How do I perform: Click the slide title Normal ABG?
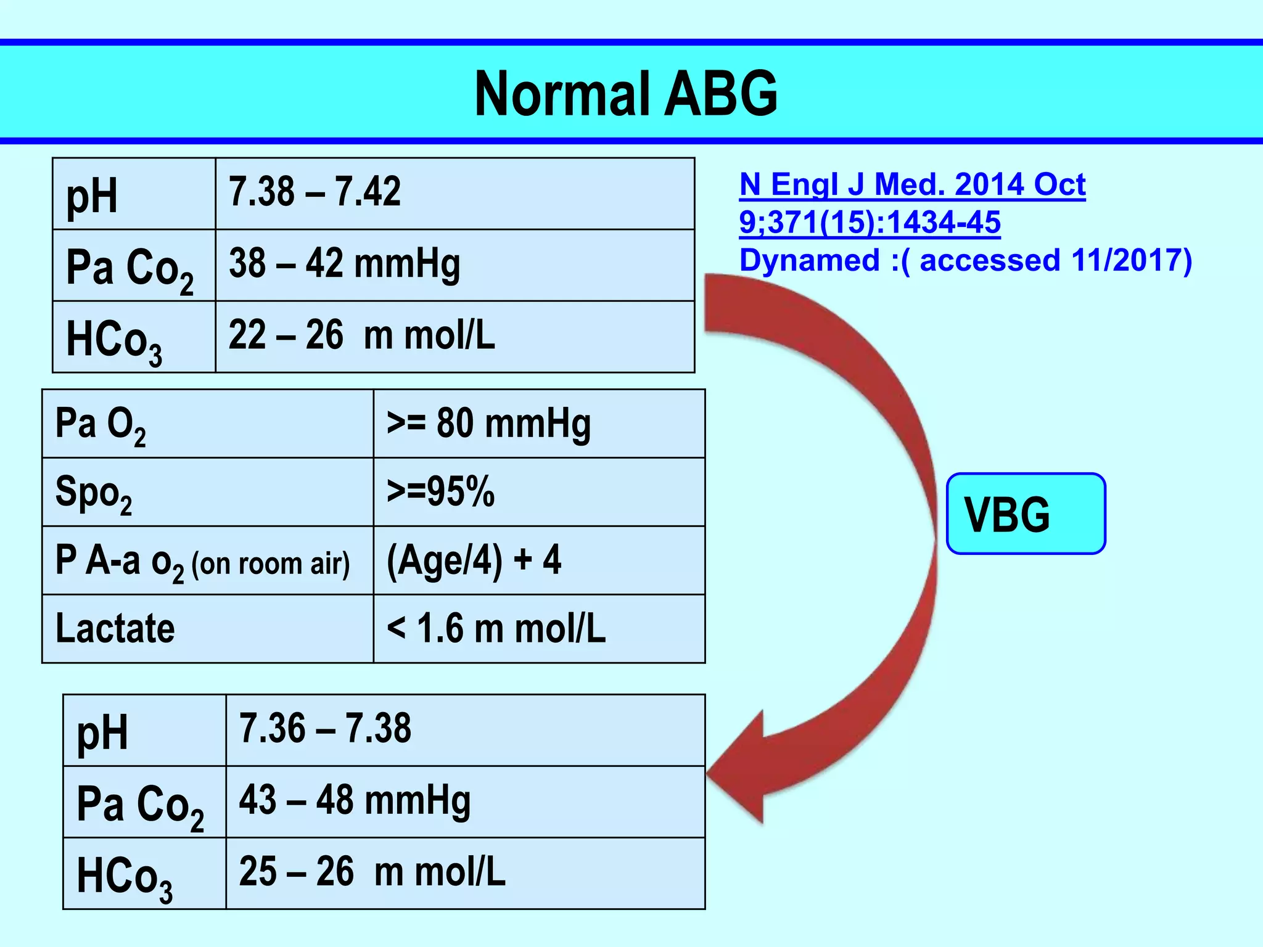[x=626, y=93]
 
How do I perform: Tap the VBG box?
[x=1026, y=514]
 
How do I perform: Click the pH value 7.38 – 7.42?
[x=315, y=192]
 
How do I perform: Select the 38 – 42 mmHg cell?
[x=344, y=264]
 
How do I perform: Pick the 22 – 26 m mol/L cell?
[x=361, y=336]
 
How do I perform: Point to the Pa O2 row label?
[x=101, y=425]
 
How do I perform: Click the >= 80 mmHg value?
[x=488, y=424]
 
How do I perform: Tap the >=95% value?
[x=440, y=492]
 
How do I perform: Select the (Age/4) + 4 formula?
[x=474, y=560]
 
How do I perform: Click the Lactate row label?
[x=115, y=629]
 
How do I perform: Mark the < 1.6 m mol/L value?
[x=496, y=629]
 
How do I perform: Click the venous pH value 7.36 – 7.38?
[x=325, y=729]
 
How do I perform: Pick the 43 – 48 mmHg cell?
[x=355, y=800]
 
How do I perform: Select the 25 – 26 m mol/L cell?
[x=372, y=872]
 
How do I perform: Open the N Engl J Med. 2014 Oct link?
[x=912, y=185]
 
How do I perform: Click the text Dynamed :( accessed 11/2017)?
[x=965, y=260]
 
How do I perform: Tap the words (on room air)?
[x=270, y=564]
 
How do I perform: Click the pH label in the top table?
[x=91, y=196]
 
